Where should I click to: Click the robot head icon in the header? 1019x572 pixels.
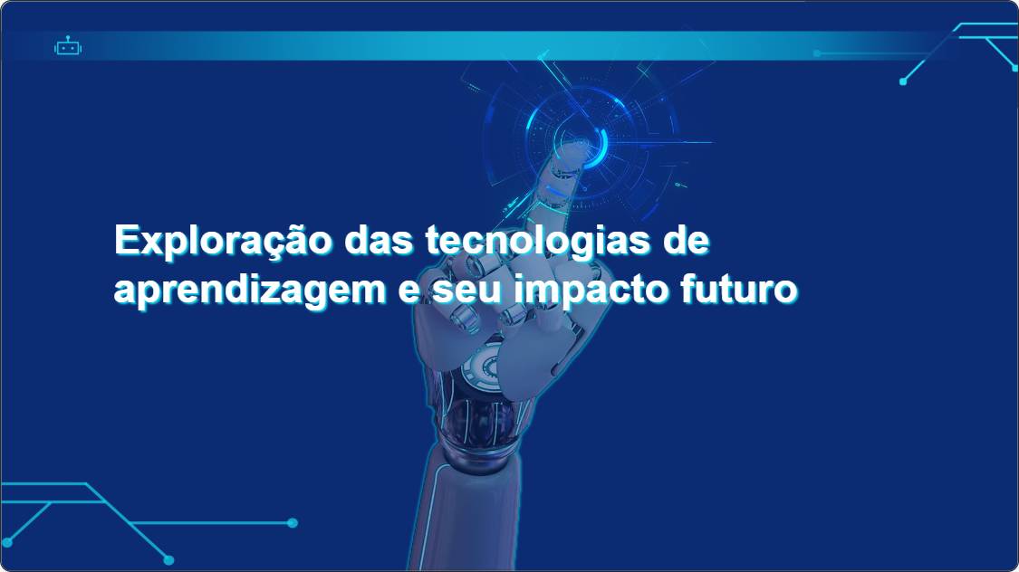[x=68, y=46]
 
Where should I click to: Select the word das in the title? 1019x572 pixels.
[x=379, y=240]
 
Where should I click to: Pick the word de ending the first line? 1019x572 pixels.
[x=686, y=240]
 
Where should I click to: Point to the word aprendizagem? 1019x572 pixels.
[x=250, y=291]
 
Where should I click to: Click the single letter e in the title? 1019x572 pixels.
[x=409, y=291]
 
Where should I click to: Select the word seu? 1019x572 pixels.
[x=466, y=291]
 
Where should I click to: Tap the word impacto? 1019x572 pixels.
[x=591, y=291]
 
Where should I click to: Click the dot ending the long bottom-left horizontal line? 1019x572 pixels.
[x=293, y=522]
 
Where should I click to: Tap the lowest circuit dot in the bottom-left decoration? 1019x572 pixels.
[x=169, y=559]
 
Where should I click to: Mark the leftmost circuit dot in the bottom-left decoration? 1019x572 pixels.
[x=7, y=542]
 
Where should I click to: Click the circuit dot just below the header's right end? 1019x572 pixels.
[x=903, y=81]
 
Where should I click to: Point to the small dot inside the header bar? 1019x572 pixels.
[x=817, y=53]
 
